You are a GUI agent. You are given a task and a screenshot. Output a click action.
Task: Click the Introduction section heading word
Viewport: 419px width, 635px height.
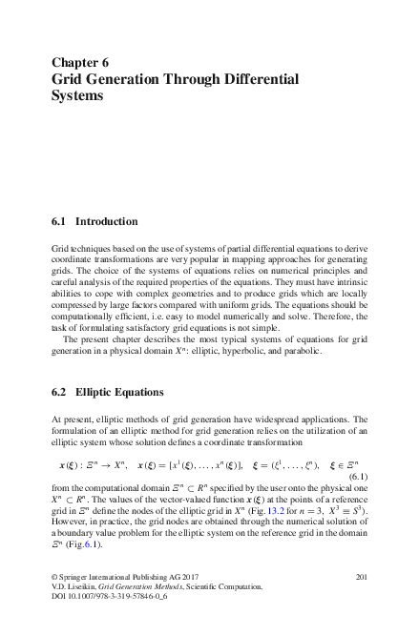(x=107, y=221)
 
